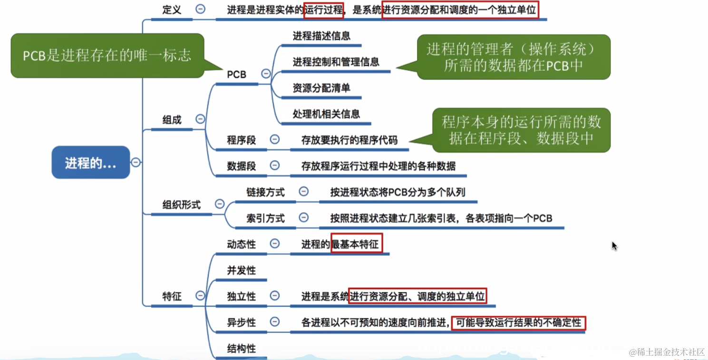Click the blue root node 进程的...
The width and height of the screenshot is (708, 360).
point(90,163)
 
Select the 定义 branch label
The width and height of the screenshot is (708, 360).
point(172,10)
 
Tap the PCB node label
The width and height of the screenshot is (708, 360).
point(237,75)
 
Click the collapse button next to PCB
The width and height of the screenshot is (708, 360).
point(266,74)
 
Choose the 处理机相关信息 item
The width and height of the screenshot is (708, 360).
point(326,114)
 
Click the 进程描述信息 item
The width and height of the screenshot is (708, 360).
point(322,36)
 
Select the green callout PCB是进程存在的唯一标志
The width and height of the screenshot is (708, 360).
point(107,55)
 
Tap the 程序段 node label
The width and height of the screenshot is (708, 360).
point(242,140)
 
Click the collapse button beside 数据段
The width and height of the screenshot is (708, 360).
point(275,165)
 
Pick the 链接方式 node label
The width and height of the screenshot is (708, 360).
point(265,192)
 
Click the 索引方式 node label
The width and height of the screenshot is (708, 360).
point(265,218)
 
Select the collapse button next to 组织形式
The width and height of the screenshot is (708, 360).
point(220,204)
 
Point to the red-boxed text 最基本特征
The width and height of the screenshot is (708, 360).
point(357,244)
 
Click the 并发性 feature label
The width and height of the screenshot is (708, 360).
point(242,270)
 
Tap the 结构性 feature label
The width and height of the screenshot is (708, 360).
point(242,348)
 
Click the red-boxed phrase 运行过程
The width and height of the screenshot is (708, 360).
point(324,10)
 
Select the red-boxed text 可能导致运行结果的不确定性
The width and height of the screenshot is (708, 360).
point(518,322)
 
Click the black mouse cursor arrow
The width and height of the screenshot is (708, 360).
point(614,245)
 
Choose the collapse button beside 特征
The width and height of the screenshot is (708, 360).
point(200,296)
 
